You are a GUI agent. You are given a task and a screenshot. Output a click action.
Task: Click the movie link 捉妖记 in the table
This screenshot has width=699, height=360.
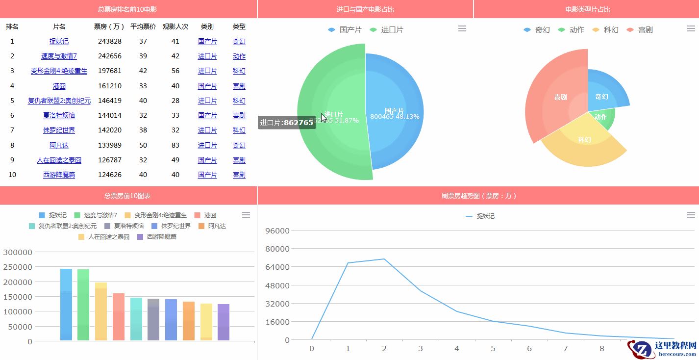59,42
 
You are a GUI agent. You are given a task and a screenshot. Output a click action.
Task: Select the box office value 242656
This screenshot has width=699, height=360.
110,56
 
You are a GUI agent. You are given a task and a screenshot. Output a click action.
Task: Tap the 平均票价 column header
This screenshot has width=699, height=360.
143,26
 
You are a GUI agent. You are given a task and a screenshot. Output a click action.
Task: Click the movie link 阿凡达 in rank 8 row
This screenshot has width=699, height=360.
59,146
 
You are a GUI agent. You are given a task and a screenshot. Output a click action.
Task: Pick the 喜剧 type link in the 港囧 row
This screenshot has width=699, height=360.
239,86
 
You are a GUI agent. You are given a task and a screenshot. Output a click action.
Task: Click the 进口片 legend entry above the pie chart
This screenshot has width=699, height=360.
387,30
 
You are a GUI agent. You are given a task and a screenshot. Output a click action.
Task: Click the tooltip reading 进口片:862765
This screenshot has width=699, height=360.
287,123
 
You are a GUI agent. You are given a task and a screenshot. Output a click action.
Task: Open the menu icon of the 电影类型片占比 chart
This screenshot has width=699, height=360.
691,29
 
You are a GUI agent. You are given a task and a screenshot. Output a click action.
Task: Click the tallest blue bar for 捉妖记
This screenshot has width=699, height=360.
66,304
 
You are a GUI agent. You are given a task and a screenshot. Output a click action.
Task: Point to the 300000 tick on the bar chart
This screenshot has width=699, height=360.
18,252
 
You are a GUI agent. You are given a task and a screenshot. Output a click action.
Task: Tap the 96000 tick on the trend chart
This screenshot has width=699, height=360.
277,231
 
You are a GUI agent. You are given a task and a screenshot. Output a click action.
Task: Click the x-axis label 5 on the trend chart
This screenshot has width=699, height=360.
493,349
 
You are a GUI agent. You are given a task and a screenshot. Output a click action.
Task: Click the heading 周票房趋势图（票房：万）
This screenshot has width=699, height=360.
478,196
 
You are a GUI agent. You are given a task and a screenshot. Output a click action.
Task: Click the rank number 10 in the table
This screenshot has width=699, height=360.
12,175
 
